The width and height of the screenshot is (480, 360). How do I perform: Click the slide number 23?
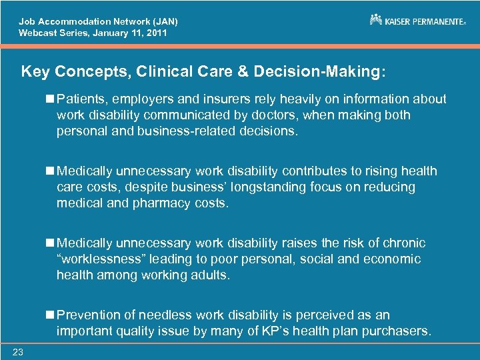(17, 353)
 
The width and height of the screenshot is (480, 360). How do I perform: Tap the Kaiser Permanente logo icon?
(376, 20)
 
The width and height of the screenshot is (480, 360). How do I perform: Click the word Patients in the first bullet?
(80, 99)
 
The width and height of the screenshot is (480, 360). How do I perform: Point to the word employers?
(157, 99)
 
